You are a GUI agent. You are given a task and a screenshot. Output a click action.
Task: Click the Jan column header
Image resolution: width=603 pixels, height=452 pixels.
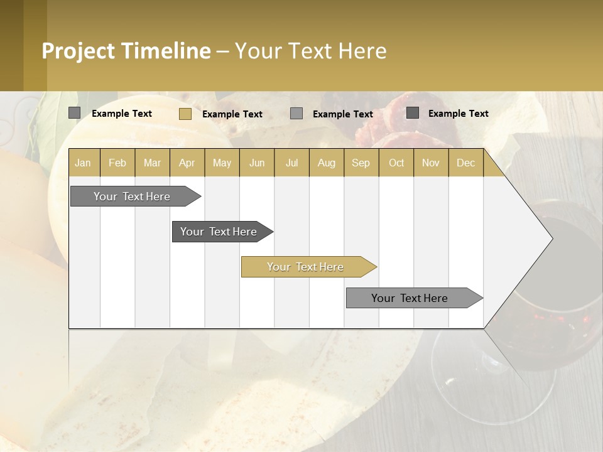[x=83, y=163]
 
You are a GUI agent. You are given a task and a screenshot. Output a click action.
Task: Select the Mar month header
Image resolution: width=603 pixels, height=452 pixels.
[x=152, y=163]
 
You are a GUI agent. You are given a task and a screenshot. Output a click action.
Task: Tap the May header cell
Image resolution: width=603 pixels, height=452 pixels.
[x=222, y=163]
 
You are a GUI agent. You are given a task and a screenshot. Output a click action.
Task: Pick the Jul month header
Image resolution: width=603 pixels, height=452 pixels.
[x=291, y=163]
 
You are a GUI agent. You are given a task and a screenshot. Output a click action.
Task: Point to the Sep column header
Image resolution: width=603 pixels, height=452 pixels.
[x=361, y=163]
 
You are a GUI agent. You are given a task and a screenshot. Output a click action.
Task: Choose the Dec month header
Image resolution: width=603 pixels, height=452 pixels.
[x=465, y=163]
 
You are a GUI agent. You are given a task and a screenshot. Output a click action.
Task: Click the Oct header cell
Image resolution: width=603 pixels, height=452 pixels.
[x=396, y=163]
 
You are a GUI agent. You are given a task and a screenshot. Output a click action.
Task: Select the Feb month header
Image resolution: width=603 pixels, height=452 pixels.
[x=117, y=163]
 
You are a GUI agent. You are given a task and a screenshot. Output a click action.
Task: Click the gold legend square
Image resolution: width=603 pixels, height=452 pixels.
[x=185, y=114]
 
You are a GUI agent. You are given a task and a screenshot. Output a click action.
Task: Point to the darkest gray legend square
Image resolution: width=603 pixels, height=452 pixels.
[x=413, y=113]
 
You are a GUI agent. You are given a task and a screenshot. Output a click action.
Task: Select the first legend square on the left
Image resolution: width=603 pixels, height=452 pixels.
[x=75, y=113]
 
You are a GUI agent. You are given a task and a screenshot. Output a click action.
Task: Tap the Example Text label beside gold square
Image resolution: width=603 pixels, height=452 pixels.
[x=232, y=114]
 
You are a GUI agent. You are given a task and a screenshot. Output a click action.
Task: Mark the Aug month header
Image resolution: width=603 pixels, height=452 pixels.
[x=326, y=163]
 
